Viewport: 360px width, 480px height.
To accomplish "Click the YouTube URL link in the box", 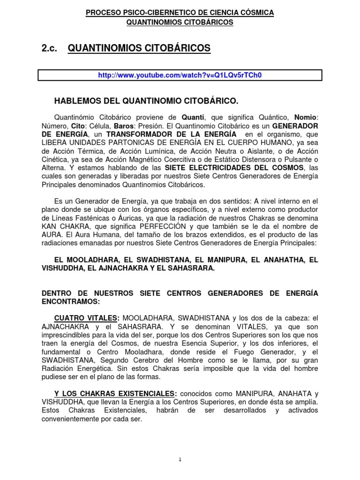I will click(x=180, y=75).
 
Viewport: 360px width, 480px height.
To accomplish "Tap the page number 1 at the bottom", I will click(x=180, y=460).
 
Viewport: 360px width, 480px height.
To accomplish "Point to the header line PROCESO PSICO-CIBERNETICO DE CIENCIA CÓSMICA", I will click(x=180, y=13).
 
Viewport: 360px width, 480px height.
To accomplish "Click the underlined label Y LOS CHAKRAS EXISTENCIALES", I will click(x=116, y=393).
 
